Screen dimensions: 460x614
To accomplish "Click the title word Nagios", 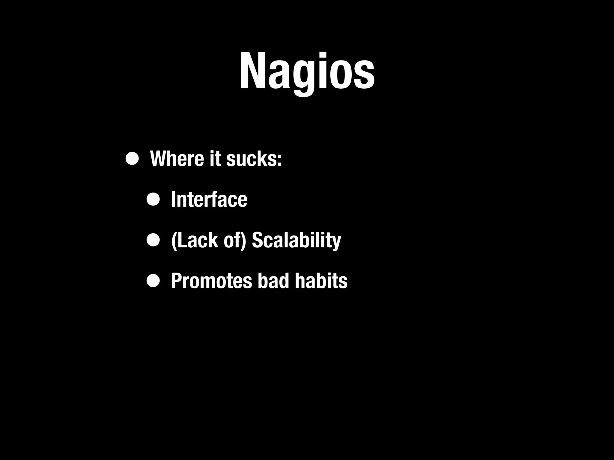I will click(x=307, y=72).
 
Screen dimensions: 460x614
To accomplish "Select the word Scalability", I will click(x=296, y=240).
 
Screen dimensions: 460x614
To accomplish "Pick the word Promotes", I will click(x=211, y=281).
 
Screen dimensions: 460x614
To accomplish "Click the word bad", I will click(x=273, y=281).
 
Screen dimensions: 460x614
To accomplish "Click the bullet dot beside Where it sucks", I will click(x=132, y=159).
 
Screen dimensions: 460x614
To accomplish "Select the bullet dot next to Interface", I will click(x=153, y=199).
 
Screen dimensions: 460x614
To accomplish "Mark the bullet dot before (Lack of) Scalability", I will click(x=153, y=240).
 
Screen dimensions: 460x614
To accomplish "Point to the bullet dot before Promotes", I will click(x=153, y=281).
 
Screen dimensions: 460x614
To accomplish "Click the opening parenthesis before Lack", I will click(x=174, y=241).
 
